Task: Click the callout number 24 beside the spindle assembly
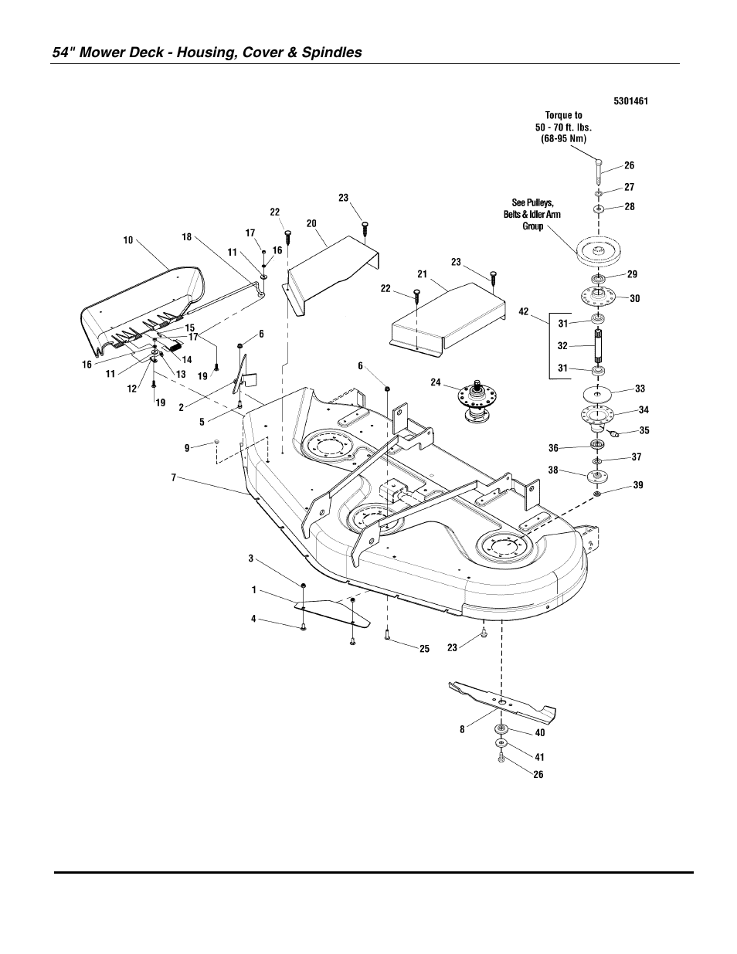pyautogui.click(x=436, y=382)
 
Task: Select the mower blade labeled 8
pyautogui.click(x=503, y=700)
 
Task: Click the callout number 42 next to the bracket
pyautogui.click(x=525, y=312)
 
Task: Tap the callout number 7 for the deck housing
pyautogui.click(x=175, y=477)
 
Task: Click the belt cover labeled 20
pyautogui.click(x=332, y=267)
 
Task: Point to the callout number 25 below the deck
pyautogui.click(x=424, y=649)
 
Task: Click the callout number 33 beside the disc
pyautogui.click(x=640, y=389)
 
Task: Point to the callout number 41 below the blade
pyautogui.click(x=539, y=758)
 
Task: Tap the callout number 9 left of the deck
pyautogui.click(x=187, y=446)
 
